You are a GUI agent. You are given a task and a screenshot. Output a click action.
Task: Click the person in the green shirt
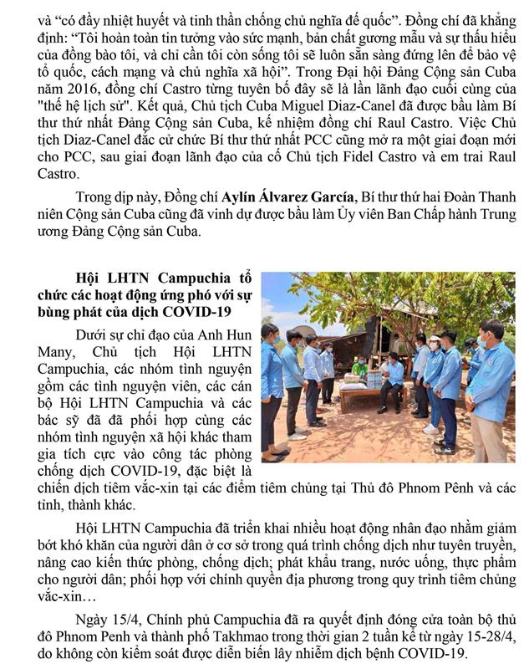360,369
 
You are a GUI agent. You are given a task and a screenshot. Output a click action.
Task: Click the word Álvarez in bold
281,197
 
